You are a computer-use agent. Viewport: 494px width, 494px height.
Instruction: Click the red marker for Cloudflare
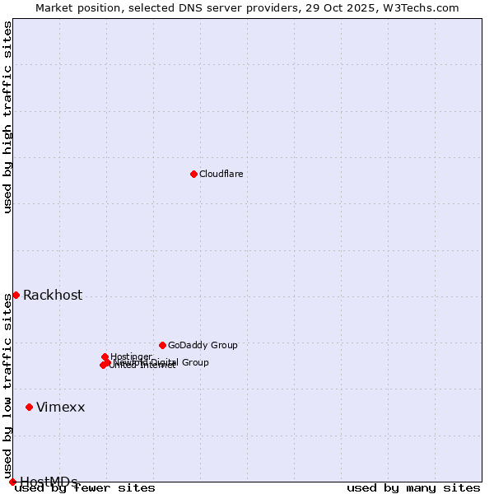point(193,174)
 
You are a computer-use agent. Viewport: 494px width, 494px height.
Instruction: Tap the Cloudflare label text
point(221,174)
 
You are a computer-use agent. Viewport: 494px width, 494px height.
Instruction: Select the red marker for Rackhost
point(16,295)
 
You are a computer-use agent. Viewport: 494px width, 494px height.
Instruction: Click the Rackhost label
point(53,296)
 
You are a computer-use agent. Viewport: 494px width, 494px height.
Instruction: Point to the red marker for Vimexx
point(29,407)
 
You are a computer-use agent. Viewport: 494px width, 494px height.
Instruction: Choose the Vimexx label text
point(60,408)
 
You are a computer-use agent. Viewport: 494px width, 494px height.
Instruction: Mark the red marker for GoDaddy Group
point(162,345)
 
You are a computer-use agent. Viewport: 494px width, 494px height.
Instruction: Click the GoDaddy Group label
point(203,346)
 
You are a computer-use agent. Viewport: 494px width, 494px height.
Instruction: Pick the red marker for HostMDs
point(12,482)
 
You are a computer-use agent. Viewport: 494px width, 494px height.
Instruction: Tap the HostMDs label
point(49,482)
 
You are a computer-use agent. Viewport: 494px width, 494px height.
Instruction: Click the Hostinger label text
point(131,357)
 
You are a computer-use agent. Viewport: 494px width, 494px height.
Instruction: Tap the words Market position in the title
point(75,7)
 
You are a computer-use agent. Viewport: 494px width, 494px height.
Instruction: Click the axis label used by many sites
point(413,487)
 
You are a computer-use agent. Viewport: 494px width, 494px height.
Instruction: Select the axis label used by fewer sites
point(86,487)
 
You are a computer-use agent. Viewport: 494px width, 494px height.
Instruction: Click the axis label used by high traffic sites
point(7,118)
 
